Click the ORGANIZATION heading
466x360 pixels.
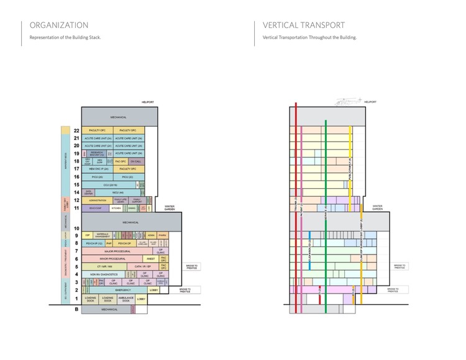point(59,25)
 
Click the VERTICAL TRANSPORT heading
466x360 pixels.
point(303,25)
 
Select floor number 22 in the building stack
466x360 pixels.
point(76,130)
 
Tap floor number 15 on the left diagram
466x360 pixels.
point(76,184)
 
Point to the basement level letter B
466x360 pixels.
point(76,308)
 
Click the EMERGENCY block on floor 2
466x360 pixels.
point(122,290)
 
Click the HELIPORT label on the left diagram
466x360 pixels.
point(147,101)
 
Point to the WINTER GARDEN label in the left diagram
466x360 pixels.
point(170,208)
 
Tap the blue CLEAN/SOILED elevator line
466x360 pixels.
point(310,248)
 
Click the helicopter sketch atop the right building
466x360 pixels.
point(348,99)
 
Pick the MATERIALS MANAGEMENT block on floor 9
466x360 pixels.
point(103,235)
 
